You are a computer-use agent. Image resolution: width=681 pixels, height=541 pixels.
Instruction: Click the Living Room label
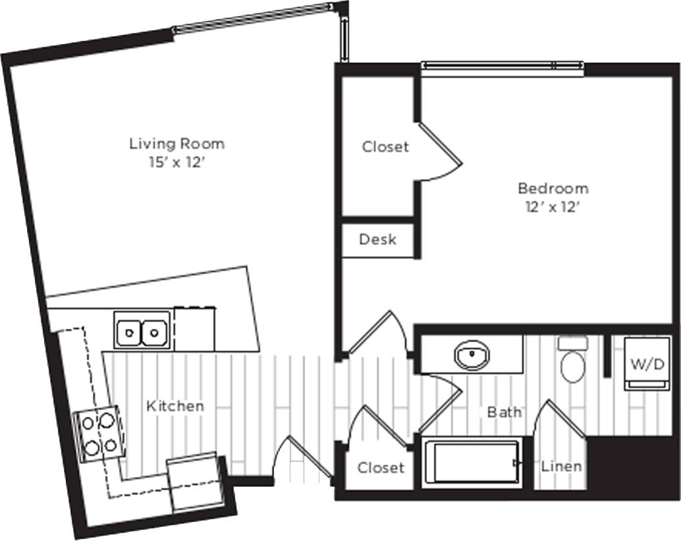tap(177, 143)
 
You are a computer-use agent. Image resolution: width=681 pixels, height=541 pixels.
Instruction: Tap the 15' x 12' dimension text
tap(177, 161)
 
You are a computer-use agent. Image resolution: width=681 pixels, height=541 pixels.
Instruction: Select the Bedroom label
tap(553, 188)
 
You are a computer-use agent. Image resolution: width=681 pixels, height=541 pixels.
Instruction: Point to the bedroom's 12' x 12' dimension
tap(553, 206)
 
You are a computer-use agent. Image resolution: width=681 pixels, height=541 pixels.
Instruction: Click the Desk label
tap(377, 240)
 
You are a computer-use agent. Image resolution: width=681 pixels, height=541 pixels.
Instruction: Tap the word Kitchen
tap(175, 406)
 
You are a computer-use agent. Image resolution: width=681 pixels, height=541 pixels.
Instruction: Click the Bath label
tap(504, 413)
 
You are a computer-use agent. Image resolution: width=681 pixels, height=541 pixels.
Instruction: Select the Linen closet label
tap(561, 467)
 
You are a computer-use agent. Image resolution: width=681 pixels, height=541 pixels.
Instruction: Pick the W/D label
tap(647, 364)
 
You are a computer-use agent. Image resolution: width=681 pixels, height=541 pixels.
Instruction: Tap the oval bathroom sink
tap(472, 355)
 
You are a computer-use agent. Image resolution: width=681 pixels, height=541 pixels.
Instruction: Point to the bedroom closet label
tap(385, 147)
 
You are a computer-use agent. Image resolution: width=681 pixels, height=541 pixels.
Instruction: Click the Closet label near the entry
tap(381, 468)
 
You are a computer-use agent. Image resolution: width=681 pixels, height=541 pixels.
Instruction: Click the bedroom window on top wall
tap(502, 66)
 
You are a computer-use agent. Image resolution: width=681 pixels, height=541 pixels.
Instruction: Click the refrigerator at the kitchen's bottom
tap(195, 483)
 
